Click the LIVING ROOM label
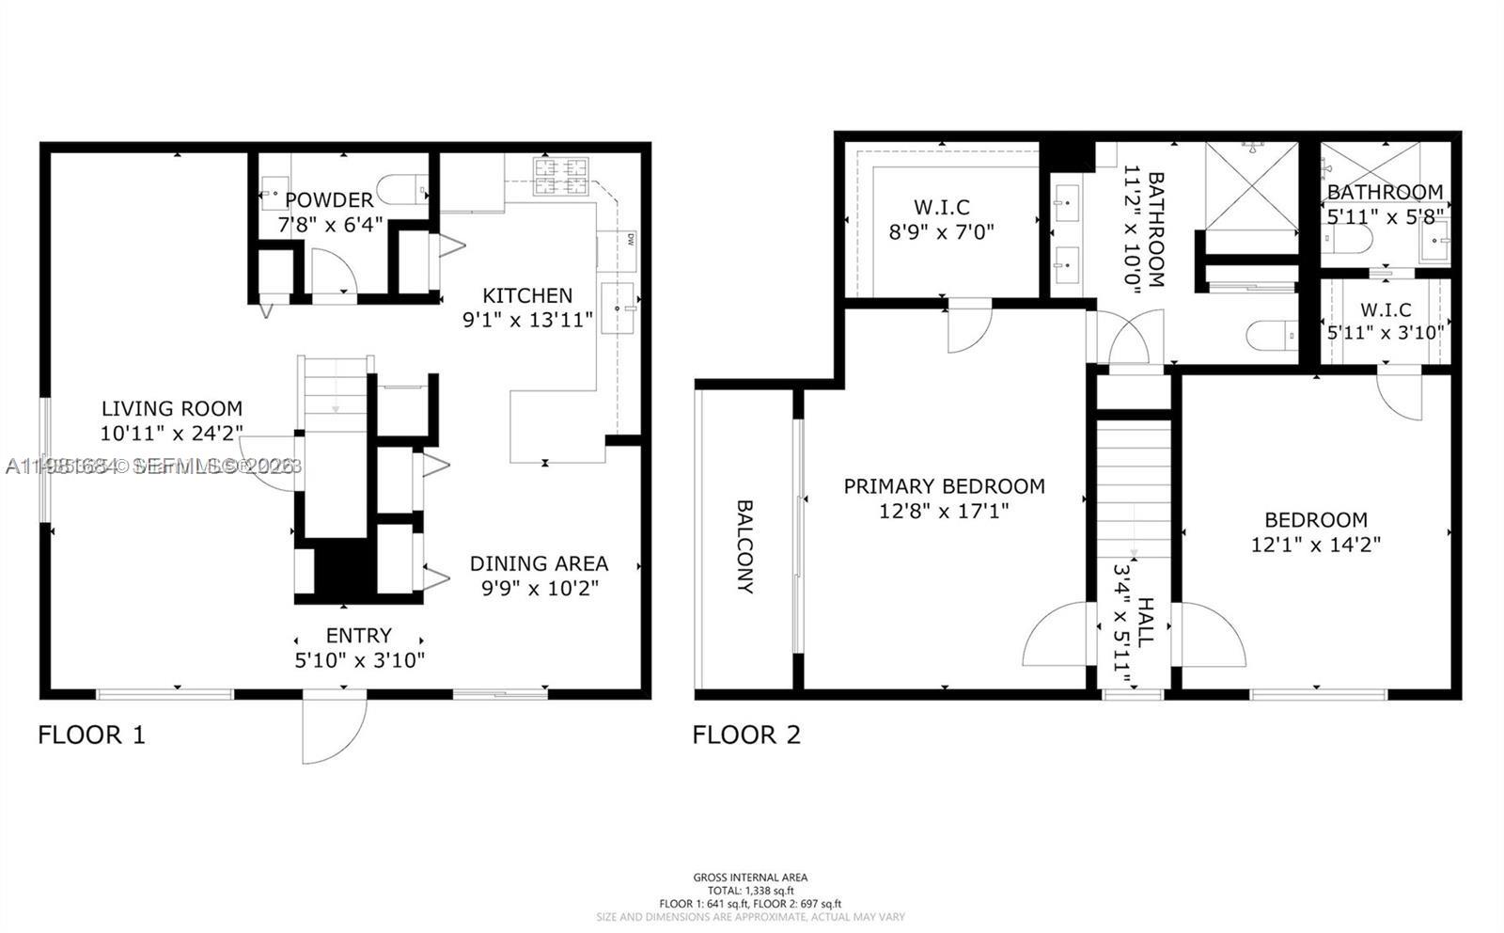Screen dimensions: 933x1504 (172, 408)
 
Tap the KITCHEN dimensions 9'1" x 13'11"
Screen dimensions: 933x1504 (527, 320)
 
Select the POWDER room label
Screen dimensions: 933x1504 (329, 199)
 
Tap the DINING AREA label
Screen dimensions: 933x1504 (539, 563)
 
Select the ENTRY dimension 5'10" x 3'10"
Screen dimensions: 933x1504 (359, 660)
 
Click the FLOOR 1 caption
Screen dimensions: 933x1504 (91, 735)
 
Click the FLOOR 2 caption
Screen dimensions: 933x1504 (746, 735)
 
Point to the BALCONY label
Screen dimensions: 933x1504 (744, 546)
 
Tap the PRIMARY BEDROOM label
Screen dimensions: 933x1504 (944, 486)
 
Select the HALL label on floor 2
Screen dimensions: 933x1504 (1145, 621)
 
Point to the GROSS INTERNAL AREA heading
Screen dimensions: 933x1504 (750, 878)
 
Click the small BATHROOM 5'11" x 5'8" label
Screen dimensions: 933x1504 (1385, 192)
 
